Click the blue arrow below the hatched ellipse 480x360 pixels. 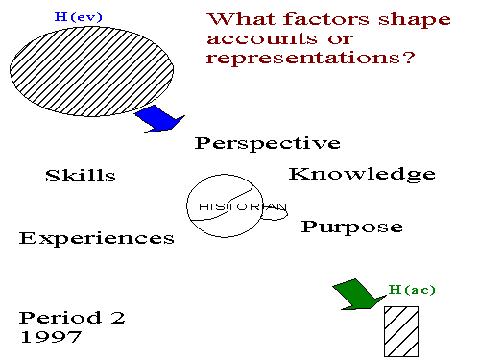(158, 118)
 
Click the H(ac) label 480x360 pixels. (413, 288)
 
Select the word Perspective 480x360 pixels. (267, 144)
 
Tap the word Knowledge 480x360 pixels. (362, 174)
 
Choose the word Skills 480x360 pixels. (81, 176)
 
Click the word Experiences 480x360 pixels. (97, 238)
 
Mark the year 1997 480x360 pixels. (52, 337)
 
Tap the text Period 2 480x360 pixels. (72, 317)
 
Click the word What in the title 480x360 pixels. (240, 19)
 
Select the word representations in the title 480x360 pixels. (311, 58)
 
